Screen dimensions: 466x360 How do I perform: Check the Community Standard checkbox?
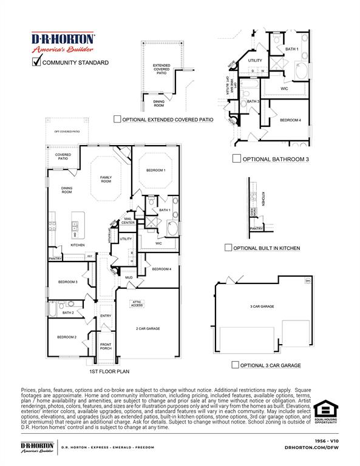[x=36, y=61]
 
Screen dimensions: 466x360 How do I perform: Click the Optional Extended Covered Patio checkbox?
[x=117, y=120]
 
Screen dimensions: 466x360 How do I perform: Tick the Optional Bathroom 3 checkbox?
[x=237, y=159]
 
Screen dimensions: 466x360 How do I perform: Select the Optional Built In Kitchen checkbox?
[x=228, y=248]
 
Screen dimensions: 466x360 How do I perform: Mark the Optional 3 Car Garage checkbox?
[x=235, y=365]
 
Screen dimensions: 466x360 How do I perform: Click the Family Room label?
[x=106, y=180]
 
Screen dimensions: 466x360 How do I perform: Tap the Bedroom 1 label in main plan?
[x=155, y=171]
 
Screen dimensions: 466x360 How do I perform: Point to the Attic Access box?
[x=137, y=303]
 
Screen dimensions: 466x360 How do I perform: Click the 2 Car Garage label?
[x=148, y=328]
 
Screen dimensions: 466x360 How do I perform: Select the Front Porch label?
[x=106, y=346]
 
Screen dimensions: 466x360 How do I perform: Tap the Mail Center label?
[x=128, y=221]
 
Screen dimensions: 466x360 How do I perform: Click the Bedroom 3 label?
[x=67, y=282]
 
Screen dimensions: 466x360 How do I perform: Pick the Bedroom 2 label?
[x=66, y=337]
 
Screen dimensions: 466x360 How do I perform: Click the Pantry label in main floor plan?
[x=55, y=258]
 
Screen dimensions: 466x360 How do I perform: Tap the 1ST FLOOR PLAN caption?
[x=109, y=371]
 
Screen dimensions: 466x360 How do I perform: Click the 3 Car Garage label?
[x=262, y=306]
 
